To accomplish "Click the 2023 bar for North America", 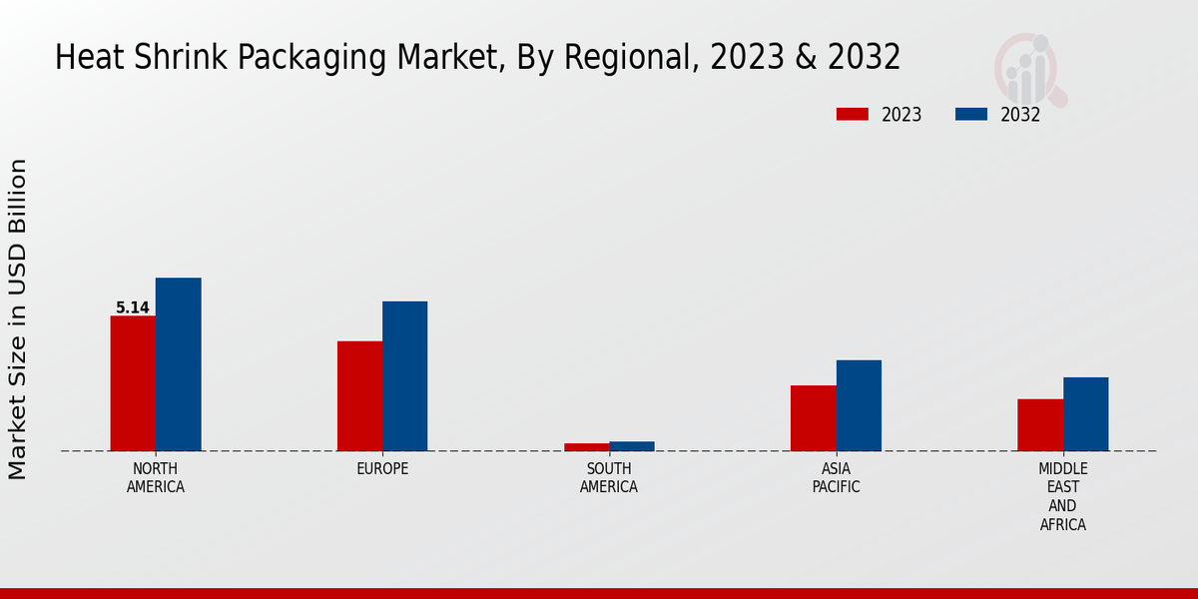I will tap(133, 383).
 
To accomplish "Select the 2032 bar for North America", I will tap(179, 364).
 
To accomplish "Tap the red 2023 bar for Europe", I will tap(359, 396).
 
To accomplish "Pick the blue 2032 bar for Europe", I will tap(405, 376).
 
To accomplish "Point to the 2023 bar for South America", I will tap(586, 447).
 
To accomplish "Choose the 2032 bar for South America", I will tap(632, 446).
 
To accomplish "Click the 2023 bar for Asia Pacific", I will tap(814, 418).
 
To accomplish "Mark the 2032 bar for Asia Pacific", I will tap(859, 405).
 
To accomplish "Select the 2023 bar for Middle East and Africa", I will tap(1040, 425).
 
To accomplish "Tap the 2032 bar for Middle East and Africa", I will tap(1085, 414).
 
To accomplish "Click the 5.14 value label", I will tap(133, 307).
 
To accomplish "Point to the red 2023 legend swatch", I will tap(853, 114).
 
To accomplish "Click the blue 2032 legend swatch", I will tap(971, 114).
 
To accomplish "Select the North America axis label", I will tap(156, 478).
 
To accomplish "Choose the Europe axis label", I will tap(382, 469).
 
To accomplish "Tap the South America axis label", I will tap(609, 478).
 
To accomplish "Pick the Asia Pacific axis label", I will tap(836, 478).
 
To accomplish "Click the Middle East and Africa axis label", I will tap(1063, 496).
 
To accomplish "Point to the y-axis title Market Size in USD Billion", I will tap(18, 319).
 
